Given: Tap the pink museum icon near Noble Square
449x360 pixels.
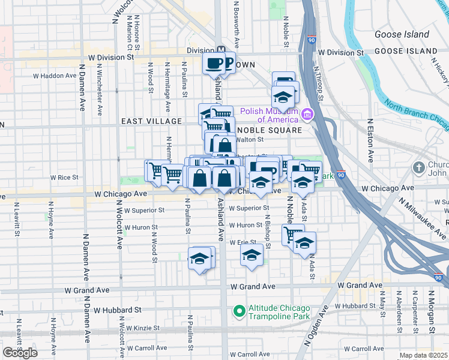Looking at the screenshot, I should point(307,113).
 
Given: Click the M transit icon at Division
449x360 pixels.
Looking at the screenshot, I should point(220,51).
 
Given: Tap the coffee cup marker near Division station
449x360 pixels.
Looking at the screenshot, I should point(214,62).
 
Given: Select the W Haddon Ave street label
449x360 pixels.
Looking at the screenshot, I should point(55,76).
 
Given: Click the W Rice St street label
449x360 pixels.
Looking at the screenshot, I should point(64,178).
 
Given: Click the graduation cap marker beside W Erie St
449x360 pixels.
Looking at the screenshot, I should point(252,255).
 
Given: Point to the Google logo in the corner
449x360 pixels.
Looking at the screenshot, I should point(18,352).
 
